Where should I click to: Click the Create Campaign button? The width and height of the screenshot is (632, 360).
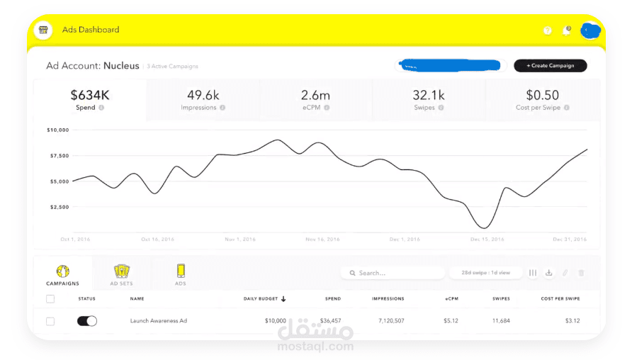550,66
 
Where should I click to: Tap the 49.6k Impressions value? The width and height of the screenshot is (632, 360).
203,95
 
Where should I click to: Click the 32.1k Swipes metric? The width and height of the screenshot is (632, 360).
429,95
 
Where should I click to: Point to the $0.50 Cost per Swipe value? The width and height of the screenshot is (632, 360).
542,95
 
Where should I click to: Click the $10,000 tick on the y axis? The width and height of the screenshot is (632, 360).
57,130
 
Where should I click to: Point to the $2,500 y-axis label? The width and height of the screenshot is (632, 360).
59,207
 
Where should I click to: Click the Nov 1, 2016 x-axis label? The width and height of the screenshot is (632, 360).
240,240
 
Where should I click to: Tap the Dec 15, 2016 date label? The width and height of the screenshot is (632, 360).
487,240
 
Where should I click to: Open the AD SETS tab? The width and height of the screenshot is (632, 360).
122,274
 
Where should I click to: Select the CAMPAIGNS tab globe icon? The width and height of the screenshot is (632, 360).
63,271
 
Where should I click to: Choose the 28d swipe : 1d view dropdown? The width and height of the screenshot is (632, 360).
487,273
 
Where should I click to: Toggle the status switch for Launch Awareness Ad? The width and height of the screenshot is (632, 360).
87,321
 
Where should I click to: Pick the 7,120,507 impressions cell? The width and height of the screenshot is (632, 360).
388,321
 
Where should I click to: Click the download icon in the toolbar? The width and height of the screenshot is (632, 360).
548,273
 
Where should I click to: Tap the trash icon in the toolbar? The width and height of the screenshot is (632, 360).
581,273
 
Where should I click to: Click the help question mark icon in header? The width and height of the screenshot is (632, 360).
547,31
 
